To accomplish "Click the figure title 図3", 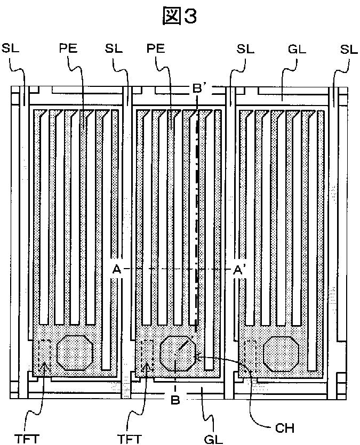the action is click(179, 15).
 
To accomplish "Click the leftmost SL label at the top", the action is click(10, 48).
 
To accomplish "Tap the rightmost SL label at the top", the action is click(349, 50).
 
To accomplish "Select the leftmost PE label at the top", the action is click(68, 48).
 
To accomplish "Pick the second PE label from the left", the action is click(156, 48).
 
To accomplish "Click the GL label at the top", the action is click(297, 50).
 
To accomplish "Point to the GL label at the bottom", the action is click(213, 439).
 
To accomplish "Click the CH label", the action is click(285, 428).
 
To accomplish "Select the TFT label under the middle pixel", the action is click(130, 439).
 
